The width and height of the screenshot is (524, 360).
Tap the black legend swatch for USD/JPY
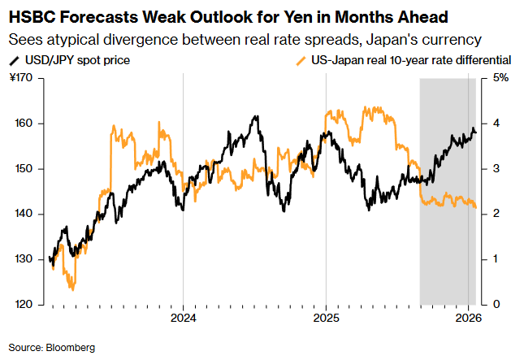[x=14, y=60]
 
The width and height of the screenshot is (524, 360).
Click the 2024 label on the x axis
[x=183, y=318]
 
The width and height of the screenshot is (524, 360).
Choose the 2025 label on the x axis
[x=326, y=318]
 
